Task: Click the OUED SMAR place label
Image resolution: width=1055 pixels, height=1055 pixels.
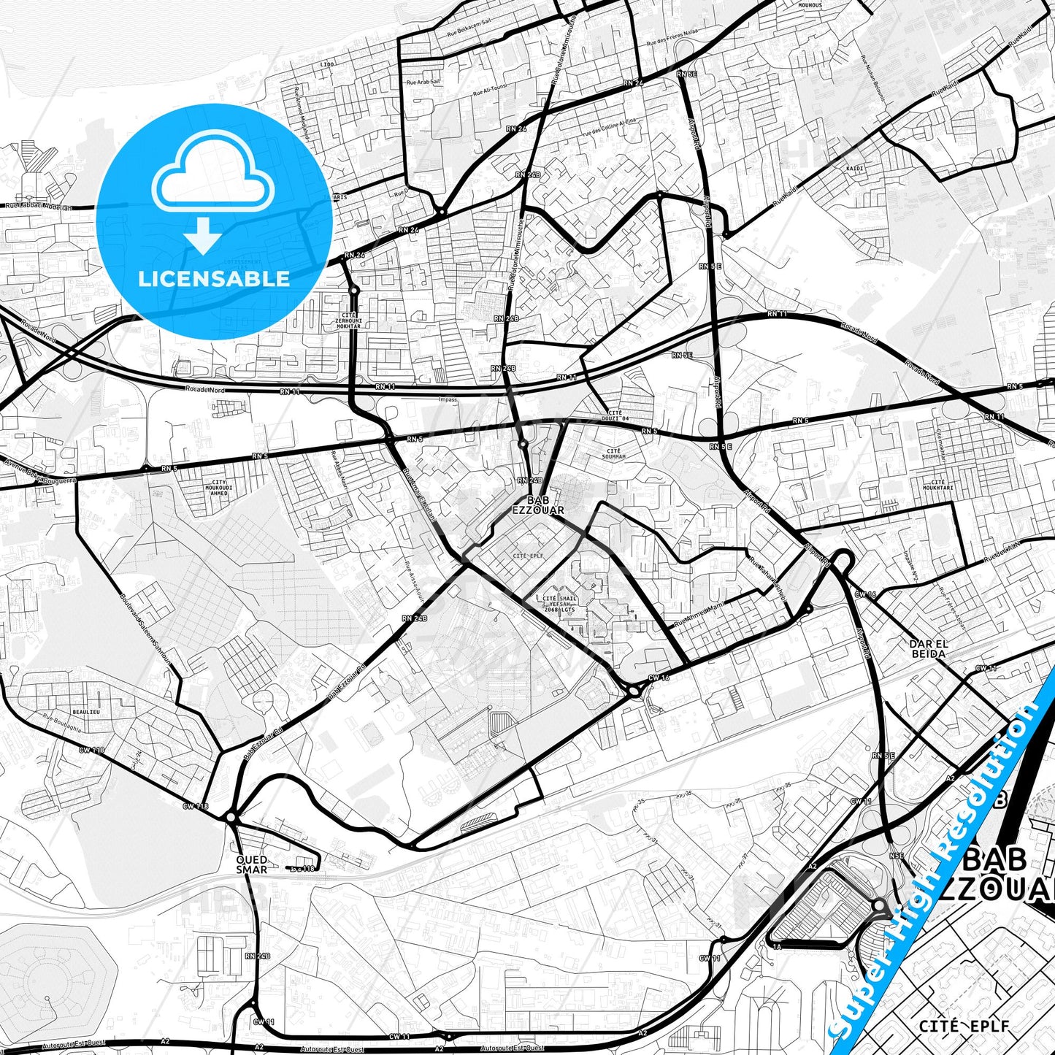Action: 251,864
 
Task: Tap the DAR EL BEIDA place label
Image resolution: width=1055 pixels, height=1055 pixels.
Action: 928,648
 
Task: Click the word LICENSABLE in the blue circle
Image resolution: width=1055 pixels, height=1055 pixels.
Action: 214,279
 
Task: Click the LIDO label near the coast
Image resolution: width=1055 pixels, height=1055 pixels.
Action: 326,64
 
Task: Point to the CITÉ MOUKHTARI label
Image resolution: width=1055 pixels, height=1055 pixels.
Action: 938,485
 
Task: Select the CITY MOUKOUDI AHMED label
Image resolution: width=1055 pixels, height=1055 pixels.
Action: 219,488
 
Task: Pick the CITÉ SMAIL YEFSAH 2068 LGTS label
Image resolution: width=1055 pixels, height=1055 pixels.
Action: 559,604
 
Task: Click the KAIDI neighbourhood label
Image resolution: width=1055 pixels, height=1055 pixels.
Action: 854,169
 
